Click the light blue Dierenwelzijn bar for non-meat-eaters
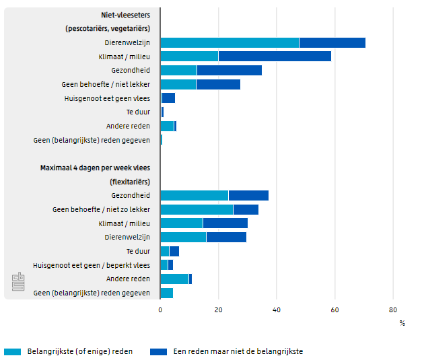coord(230,42)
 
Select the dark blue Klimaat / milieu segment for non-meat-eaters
coord(275,57)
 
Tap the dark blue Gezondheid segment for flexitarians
coord(248,195)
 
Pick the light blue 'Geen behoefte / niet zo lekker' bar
coord(197,209)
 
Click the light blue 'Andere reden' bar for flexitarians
coord(174,279)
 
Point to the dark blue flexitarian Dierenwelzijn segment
coord(226,237)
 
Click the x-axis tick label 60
coord(335,310)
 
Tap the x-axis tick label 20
coord(218,310)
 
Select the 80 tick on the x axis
coord(393,310)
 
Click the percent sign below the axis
coord(402,323)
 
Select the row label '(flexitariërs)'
coord(129,182)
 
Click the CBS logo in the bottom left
coord(17,283)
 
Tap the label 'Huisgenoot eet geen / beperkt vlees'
coord(92,265)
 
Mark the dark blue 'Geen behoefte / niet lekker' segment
coord(218,84)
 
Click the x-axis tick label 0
coord(160,310)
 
